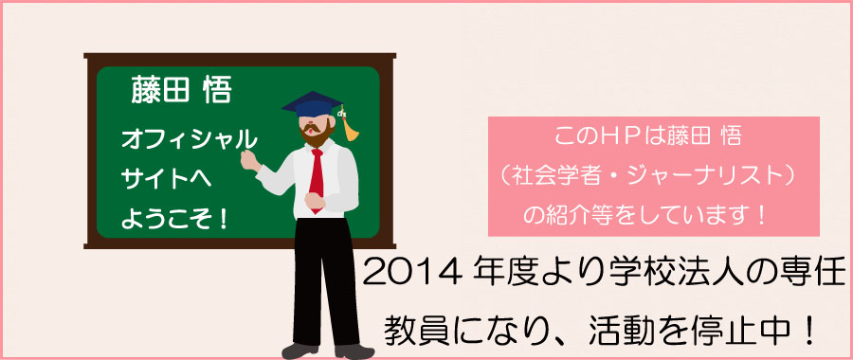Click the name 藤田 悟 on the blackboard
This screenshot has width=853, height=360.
(x=181, y=90)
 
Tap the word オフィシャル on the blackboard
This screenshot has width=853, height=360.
(x=189, y=140)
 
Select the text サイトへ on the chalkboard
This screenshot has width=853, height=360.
(x=167, y=179)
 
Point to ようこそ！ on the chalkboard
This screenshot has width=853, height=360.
(x=174, y=219)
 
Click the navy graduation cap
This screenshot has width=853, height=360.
(x=312, y=104)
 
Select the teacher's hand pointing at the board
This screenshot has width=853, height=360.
(x=249, y=161)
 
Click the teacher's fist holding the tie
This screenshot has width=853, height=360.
(x=315, y=200)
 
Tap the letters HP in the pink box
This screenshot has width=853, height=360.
(x=613, y=136)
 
